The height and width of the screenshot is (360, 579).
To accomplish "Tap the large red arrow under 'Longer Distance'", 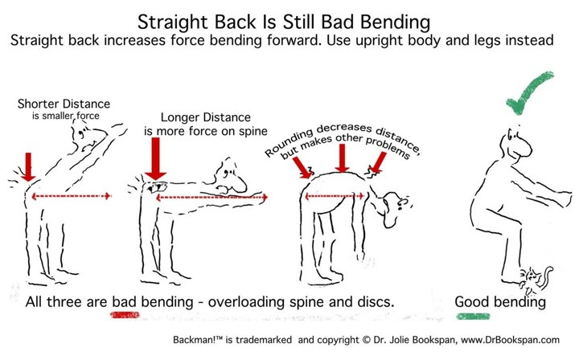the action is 155,158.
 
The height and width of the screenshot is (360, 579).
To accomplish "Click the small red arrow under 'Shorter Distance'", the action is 28,166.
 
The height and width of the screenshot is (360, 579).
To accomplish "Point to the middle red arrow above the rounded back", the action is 343,157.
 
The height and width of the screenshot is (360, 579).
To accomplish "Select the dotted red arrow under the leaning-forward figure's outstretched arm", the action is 211,198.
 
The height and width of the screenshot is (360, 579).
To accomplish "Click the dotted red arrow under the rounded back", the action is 335,196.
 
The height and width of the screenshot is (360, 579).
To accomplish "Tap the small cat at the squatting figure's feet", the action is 536,279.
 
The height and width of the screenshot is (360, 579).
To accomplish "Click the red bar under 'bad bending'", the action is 125,315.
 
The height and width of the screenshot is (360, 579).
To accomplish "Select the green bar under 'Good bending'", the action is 473,317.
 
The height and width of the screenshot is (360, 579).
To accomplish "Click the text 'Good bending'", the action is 500,301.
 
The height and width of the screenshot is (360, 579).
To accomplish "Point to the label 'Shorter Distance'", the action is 64,104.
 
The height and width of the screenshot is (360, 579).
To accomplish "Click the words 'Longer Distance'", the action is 206,117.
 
